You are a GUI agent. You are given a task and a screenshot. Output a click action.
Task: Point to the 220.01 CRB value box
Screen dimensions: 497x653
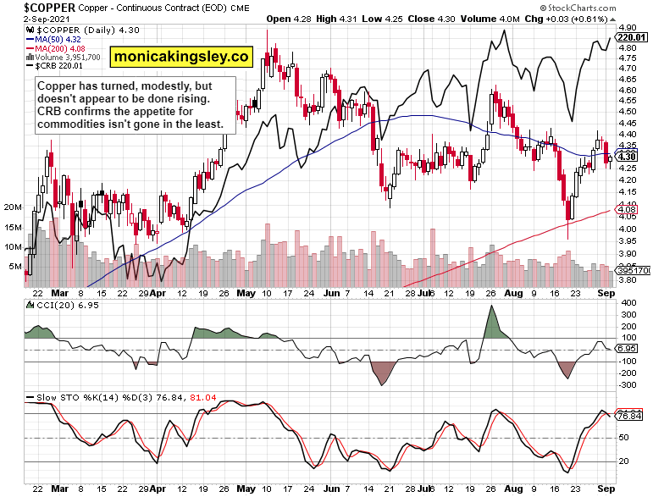pyautogui.click(x=632, y=37)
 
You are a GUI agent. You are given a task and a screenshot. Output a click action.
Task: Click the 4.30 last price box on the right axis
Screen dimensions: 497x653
pyautogui.click(x=628, y=156)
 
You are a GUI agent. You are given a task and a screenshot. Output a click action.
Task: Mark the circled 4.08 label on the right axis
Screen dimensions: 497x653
pyautogui.click(x=628, y=210)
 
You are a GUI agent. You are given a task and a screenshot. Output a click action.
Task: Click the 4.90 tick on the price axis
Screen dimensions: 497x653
pyautogui.click(x=628, y=28)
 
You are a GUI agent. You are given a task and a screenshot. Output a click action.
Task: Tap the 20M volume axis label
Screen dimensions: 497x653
pyautogui.click(x=13, y=207)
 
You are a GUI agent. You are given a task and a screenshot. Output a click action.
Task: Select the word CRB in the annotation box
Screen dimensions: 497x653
pyautogui.click(x=51, y=112)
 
